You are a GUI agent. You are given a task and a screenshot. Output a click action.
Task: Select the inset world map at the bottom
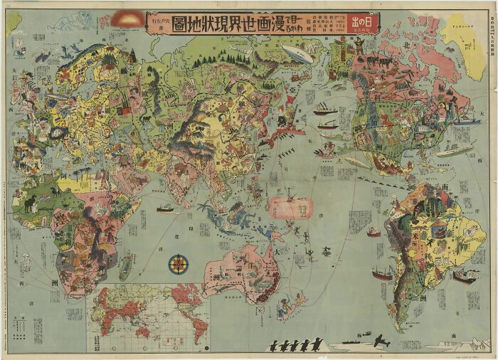click(148, 317)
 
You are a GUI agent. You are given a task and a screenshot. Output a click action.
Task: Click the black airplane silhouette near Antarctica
click(381, 341)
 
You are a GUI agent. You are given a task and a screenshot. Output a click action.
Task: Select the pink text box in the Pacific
click(290, 207)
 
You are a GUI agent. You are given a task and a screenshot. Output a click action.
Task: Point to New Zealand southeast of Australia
click(292, 306)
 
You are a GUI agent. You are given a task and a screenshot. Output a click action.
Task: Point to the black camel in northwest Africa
click(31, 203)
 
